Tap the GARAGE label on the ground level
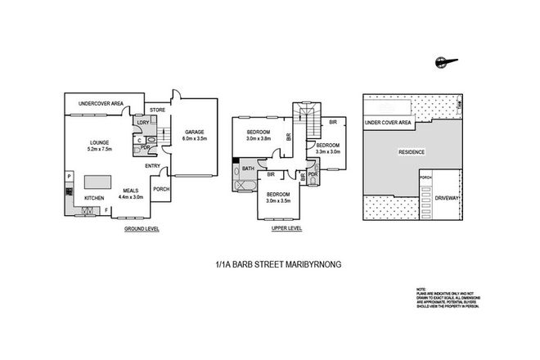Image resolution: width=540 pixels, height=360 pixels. click(x=193, y=132)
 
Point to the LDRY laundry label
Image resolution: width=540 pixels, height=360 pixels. click(x=142, y=123)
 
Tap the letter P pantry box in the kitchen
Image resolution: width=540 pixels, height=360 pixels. click(x=70, y=176)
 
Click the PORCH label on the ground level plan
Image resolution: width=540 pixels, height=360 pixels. click(x=161, y=187)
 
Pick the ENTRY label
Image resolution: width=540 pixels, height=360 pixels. click(x=153, y=167)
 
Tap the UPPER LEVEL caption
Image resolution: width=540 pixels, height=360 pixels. click(x=286, y=228)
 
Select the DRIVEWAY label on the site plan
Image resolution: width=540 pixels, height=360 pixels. click(x=447, y=196)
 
